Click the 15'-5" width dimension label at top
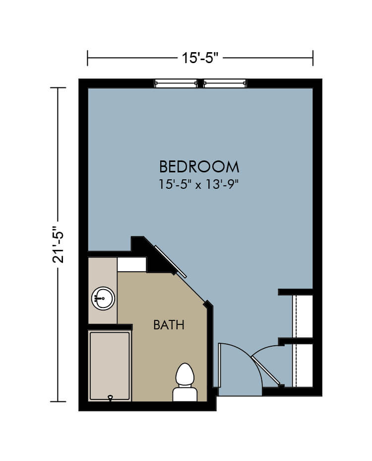click(x=200, y=58)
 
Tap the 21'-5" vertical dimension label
click(x=58, y=244)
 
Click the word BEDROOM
click(x=199, y=167)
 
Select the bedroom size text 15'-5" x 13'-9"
click(x=198, y=185)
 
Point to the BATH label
click(x=169, y=325)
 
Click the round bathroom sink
click(x=103, y=299)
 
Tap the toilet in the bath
click(x=185, y=382)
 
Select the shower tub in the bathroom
click(x=110, y=366)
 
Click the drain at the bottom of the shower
click(x=111, y=398)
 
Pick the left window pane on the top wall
click(x=176, y=83)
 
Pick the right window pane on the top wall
click(x=225, y=83)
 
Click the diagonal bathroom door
click(x=170, y=262)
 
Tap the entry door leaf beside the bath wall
click(x=219, y=365)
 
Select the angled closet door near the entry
click(x=266, y=371)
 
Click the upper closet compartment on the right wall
click(x=303, y=316)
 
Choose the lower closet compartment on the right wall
click(x=303, y=366)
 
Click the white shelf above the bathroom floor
click(x=131, y=265)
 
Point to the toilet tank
click(x=185, y=394)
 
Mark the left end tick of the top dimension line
click(x=87, y=58)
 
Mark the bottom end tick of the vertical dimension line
click(x=58, y=401)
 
